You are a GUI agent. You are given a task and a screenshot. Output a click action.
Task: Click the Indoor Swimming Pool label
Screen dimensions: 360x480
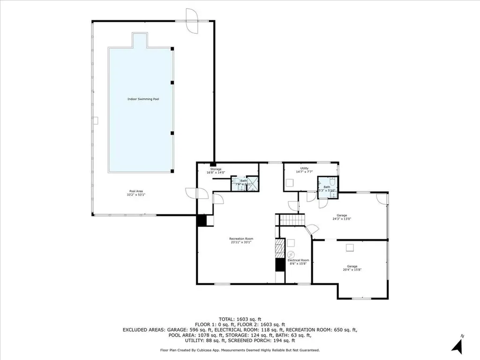(143, 99)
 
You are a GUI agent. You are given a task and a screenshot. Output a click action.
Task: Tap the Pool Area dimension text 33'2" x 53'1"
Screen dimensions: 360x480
(136, 195)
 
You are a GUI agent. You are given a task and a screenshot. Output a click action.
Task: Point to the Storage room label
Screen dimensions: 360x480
(215, 169)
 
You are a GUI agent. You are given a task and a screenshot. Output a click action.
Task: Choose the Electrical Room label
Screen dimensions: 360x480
(298, 260)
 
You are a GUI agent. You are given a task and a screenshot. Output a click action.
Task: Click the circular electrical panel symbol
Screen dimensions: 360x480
(291, 255)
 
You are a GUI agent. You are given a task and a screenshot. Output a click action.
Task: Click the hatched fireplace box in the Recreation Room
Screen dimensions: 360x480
(280, 247)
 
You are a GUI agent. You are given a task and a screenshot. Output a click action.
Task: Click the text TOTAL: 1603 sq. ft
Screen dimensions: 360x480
(240, 318)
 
